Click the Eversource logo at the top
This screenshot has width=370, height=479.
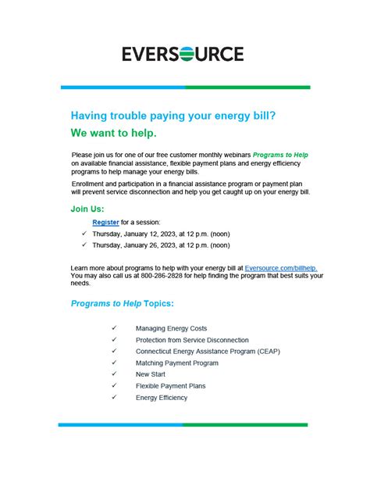coord(183,54)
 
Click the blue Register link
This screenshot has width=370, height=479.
coord(105,223)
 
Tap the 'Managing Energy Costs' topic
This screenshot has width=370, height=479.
coord(171,329)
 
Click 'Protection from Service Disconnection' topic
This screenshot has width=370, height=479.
coord(192,341)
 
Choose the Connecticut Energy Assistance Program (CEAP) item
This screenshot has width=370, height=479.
coord(207,352)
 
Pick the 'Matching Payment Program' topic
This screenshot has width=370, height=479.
coord(176,363)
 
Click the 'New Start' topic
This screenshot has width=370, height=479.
coord(151,374)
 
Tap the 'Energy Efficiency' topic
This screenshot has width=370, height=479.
coord(162,398)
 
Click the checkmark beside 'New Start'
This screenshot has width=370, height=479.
coord(114,374)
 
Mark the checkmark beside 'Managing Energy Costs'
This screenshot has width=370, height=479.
coord(114,329)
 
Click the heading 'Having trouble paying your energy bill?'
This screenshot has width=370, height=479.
coord(173,115)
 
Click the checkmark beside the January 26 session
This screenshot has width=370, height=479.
coord(84,245)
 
